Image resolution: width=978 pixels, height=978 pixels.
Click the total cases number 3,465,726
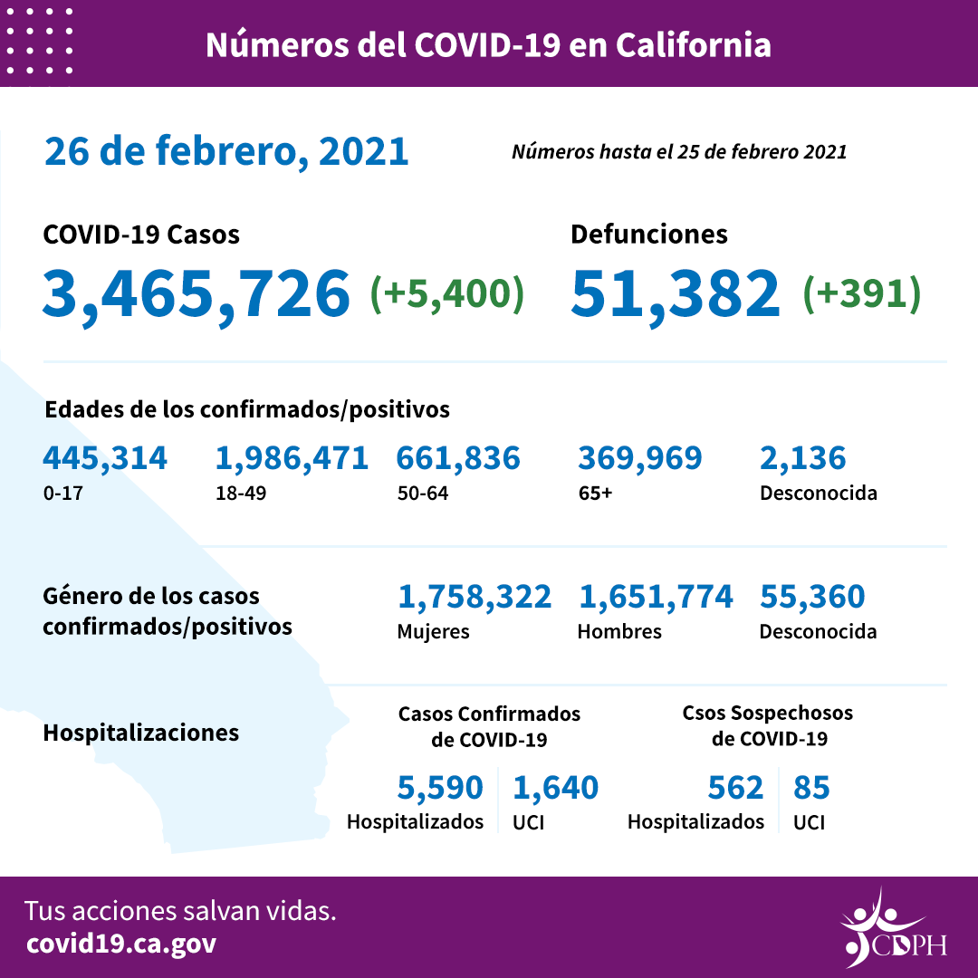coord(197,293)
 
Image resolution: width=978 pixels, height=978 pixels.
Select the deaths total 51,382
coord(676,293)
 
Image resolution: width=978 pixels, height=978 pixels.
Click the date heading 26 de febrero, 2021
coord(226,151)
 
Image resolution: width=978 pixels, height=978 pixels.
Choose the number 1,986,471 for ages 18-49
coord(292,458)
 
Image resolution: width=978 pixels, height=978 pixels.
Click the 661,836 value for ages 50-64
coord(458,458)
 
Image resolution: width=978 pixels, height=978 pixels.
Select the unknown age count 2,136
coord(803,458)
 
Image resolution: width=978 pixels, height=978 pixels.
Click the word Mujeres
coord(433,632)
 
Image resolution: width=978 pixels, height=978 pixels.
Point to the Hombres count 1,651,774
coord(655,597)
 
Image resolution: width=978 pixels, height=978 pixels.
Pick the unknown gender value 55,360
coord(812,597)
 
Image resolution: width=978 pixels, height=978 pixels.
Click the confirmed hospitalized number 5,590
coord(440,788)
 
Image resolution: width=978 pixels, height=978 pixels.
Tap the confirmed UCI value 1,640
coord(555,788)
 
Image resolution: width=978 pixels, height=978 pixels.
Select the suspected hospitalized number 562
coord(736,788)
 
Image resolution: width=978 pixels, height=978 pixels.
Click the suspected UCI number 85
coord(811,788)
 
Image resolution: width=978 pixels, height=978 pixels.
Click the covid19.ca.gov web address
coord(121,944)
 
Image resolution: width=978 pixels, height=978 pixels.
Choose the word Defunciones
coord(648,235)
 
